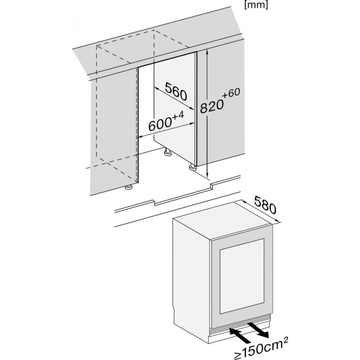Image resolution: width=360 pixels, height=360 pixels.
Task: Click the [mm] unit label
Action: pos(256,5)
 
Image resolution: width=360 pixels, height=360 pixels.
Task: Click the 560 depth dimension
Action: pos(176,92)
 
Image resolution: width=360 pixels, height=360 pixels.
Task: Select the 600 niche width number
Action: pos(160,124)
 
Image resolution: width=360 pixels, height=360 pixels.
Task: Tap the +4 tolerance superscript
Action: pos(178,115)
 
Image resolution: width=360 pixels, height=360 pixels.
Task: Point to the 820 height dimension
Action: pos(212,106)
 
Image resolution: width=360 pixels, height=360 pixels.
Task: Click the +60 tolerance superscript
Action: pos(231,93)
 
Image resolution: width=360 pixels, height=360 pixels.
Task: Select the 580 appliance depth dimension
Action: pos(265,205)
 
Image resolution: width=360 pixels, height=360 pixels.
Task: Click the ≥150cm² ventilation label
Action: pos(261,348)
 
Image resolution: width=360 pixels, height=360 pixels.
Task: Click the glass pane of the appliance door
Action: pos(242,276)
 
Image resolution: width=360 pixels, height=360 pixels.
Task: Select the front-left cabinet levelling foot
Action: pos(129,187)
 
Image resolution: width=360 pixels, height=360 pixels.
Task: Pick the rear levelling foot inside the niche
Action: pos(168,152)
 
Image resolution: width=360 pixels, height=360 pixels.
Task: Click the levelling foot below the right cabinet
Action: pos(193,167)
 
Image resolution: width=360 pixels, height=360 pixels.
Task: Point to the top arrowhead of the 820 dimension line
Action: pos(207,52)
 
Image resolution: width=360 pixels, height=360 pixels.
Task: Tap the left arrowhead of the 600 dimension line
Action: pos(140,137)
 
